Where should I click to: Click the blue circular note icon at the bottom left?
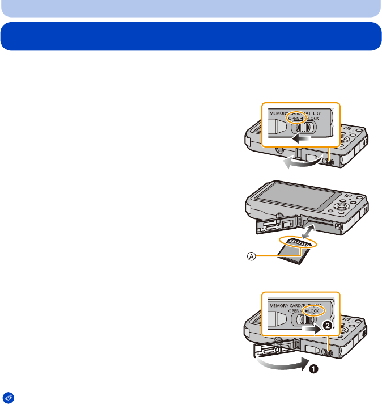(x=7, y=397)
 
